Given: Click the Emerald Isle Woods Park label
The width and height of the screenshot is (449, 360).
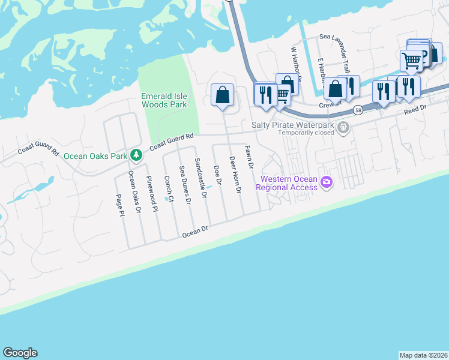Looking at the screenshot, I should point(164,100).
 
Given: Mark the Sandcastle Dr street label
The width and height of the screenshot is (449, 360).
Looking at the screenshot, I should point(200,178).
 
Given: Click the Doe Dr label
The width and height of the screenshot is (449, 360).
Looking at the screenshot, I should point(218,174).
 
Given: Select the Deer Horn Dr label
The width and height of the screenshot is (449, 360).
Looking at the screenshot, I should point(235,174).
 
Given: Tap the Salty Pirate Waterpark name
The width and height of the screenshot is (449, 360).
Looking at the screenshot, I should point(292,125).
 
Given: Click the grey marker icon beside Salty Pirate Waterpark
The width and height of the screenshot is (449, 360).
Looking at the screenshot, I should point(343,127).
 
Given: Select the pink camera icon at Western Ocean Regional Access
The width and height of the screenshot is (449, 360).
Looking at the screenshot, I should point(327,182).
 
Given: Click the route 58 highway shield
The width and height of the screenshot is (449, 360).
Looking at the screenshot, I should point(358,110).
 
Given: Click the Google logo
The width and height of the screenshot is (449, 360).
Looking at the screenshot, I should point(20,353).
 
